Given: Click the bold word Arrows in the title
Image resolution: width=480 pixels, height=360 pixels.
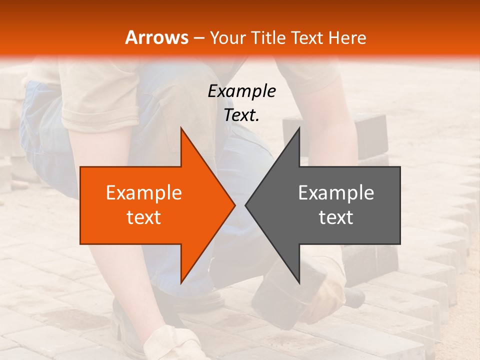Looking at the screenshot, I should [x=156, y=37].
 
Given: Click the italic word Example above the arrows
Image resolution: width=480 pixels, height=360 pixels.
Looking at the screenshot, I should [x=241, y=91].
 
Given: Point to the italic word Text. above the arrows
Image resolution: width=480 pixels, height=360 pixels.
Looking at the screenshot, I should [x=241, y=115].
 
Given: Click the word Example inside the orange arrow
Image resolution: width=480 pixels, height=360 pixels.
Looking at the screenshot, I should [x=143, y=193].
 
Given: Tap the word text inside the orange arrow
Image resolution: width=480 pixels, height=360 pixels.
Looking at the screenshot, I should [x=143, y=217].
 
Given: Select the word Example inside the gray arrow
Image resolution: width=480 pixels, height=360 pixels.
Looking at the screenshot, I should [x=336, y=193].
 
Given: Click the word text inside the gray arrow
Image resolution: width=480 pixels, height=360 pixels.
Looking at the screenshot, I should [x=336, y=217].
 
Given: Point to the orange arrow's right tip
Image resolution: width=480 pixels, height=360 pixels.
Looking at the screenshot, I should [x=234, y=205].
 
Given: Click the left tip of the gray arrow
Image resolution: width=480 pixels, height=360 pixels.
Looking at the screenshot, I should [x=246, y=205].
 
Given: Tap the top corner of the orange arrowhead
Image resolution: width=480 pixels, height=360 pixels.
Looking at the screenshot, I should [x=181, y=128].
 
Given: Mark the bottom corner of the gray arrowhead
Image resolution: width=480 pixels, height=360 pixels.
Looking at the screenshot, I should [x=299, y=282].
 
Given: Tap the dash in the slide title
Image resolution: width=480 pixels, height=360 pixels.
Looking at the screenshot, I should [x=198, y=37].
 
